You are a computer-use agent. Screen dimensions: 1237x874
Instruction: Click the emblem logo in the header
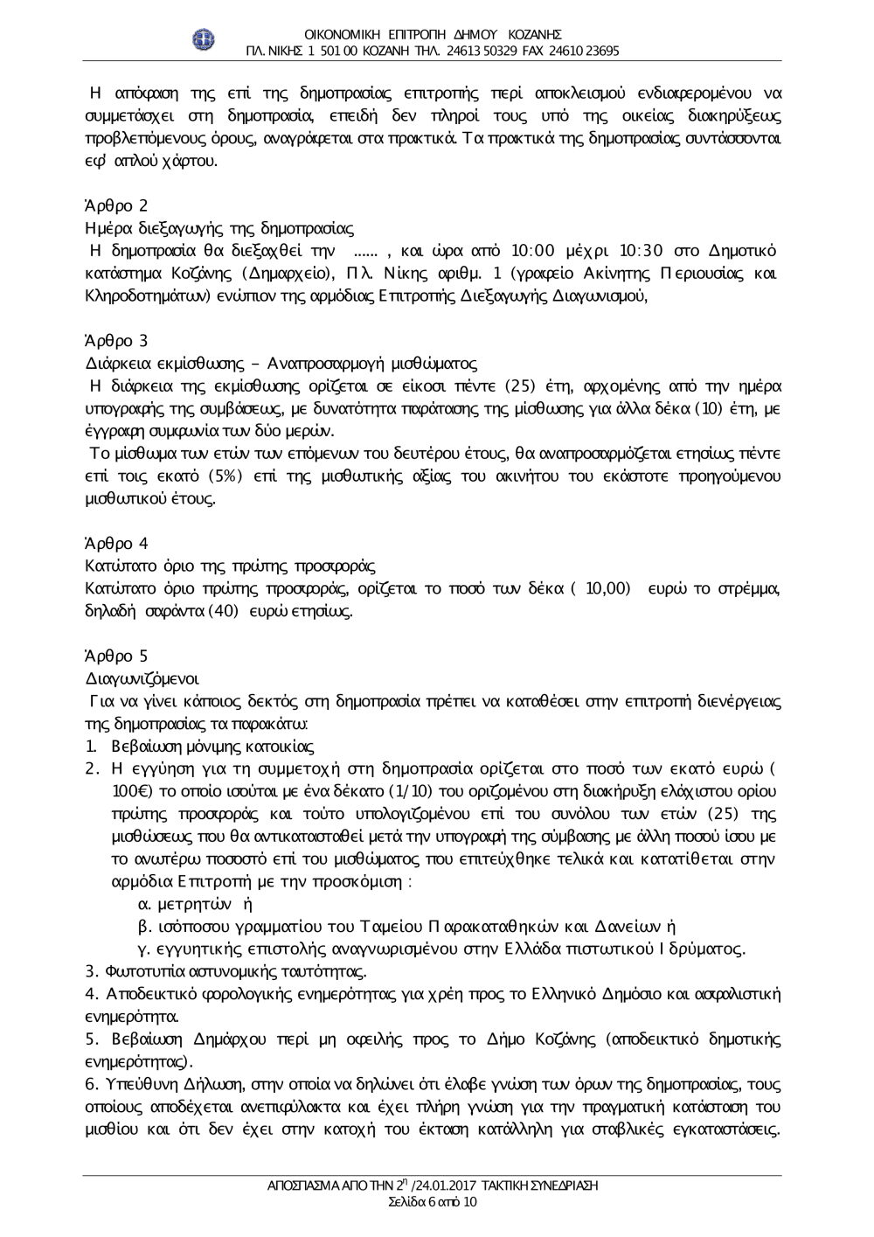pyautogui.click(x=204, y=40)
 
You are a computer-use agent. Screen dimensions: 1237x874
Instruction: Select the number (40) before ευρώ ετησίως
pyautogui.click(x=223, y=611)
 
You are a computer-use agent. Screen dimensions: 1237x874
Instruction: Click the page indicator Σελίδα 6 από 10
pyautogui.click(x=432, y=1202)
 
